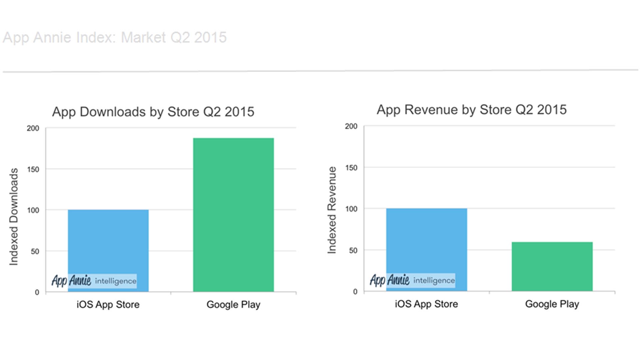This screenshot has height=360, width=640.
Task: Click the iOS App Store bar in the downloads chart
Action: click(x=108, y=240)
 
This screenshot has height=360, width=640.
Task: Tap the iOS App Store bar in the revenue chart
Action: click(x=427, y=240)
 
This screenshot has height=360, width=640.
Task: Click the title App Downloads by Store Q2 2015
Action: click(x=153, y=112)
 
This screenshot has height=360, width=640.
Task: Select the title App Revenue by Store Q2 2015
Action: click(x=472, y=110)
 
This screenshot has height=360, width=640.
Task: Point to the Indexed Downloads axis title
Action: click(x=14, y=217)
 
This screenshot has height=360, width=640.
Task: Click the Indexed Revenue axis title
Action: click(x=332, y=210)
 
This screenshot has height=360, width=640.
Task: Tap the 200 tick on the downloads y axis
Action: click(x=33, y=128)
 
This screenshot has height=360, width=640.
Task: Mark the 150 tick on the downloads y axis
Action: click(x=33, y=169)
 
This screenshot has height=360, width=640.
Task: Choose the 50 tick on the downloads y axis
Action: click(x=35, y=251)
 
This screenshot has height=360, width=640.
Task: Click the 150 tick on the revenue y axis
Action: click(x=351, y=168)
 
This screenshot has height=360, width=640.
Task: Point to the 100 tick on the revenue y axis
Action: click(x=351, y=209)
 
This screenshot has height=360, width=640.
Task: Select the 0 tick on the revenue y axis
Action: click(x=355, y=292)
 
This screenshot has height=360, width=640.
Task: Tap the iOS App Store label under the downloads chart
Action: click(x=108, y=304)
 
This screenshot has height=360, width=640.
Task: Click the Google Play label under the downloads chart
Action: click(x=233, y=304)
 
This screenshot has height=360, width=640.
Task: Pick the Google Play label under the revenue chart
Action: click(x=552, y=304)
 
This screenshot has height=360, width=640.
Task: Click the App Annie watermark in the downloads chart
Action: click(x=94, y=281)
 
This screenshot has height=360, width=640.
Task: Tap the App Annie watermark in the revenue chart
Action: click(x=412, y=280)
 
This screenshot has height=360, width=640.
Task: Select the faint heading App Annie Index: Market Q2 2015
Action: click(x=115, y=37)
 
